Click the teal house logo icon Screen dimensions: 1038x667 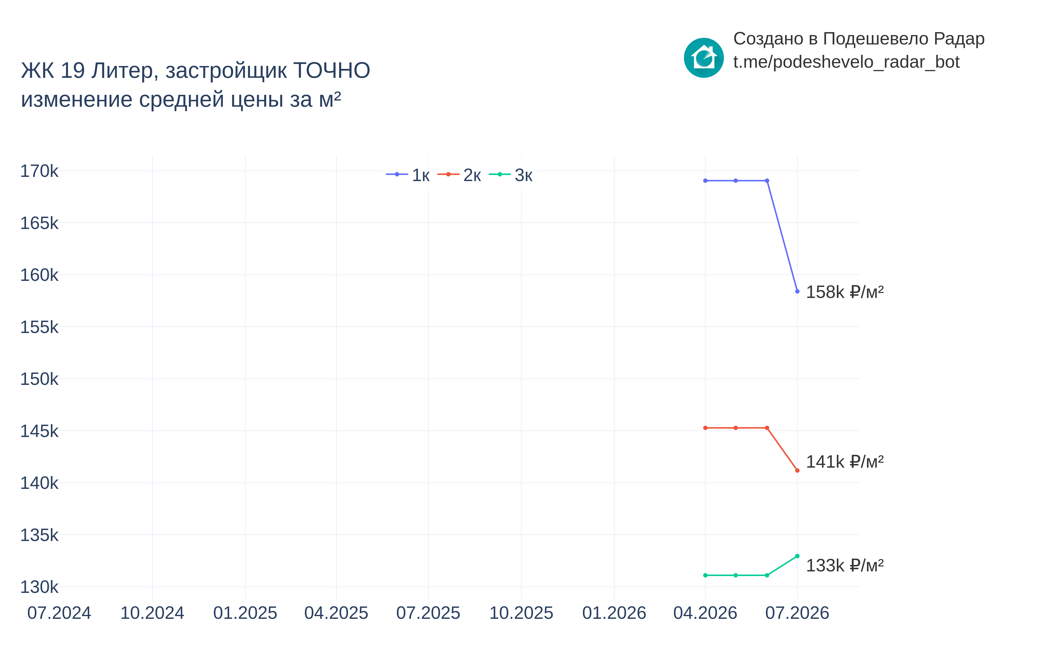[x=704, y=58]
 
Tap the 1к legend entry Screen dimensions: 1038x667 [x=408, y=175]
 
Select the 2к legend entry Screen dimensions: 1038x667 [x=459, y=175]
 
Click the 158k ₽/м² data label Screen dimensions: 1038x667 [x=844, y=292]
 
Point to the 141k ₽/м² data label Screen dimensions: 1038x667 [x=844, y=462]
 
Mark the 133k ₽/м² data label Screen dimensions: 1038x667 [x=844, y=565]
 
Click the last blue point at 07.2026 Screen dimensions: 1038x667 [x=797, y=292]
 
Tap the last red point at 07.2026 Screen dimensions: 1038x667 [x=797, y=470]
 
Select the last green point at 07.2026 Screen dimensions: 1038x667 [x=797, y=556]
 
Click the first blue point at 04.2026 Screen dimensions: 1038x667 [x=705, y=181]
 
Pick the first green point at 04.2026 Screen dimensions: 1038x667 [x=705, y=575]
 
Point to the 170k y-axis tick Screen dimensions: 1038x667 [x=39, y=171]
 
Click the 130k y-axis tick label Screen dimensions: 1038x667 [x=39, y=587]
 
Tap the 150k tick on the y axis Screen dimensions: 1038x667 [x=39, y=379]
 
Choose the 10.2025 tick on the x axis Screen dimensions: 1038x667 [x=521, y=613]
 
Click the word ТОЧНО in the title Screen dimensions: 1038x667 [x=331, y=71]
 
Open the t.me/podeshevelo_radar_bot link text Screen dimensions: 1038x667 [x=846, y=62]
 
